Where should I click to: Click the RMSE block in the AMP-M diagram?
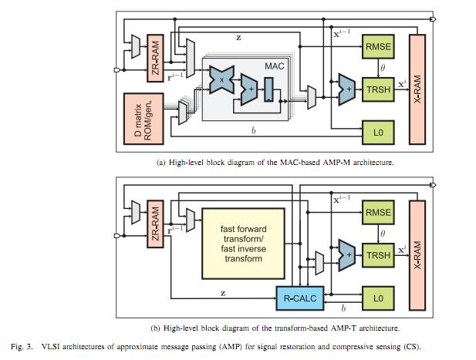(x=378, y=46)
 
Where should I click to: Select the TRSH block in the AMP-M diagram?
(x=378, y=89)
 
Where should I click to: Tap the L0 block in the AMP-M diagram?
(x=378, y=133)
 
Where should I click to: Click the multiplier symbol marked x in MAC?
(x=222, y=79)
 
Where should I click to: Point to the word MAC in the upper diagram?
(x=275, y=67)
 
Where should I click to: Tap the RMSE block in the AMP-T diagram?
(x=378, y=212)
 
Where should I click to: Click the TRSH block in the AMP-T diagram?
(x=378, y=255)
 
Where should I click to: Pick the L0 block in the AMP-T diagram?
(x=378, y=298)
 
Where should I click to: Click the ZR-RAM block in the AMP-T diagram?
(x=156, y=224)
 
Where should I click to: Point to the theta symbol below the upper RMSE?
(x=383, y=68)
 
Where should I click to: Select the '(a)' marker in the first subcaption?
(x=161, y=162)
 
